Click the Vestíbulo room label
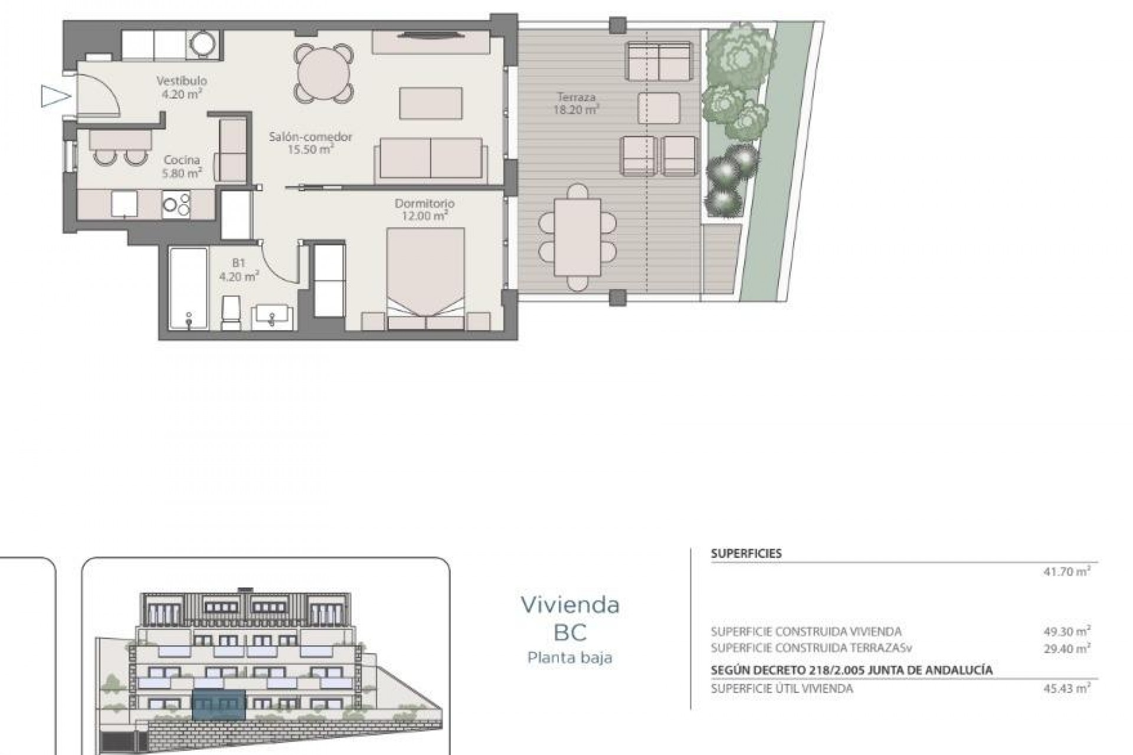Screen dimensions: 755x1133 pyautogui.click(x=182, y=87)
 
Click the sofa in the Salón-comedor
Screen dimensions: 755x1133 pyautogui.click(x=431, y=159)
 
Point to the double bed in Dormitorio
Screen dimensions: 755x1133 pyautogui.click(x=425, y=277)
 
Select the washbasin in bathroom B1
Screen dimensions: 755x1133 pyautogui.click(x=272, y=317)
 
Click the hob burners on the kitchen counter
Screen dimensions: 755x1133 pyautogui.click(x=176, y=205)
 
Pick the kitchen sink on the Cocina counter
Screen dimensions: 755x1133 pyautogui.click(x=125, y=205)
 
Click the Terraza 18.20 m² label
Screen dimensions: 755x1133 pyautogui.click(x=576, y=103)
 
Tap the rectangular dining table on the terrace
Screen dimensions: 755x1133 pyautogui.click(x=577, y=237)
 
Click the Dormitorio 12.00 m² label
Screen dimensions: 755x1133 pyautogui.click(x=424, y=209)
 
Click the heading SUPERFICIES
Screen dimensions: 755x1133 pyautogui.click(x=746, y=553)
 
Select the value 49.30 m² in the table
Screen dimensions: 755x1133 pyautogui.click(x=1066, y=631)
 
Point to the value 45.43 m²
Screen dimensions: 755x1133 pyautogui.click(x=1066, y=688)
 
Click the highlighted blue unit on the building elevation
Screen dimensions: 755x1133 pyautogui.click(x=219, y=705)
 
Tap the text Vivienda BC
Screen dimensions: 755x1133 pyautogui.click(x=570, y=618)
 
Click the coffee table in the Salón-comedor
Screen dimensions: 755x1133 pyautogui.click(x=431, y=103)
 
